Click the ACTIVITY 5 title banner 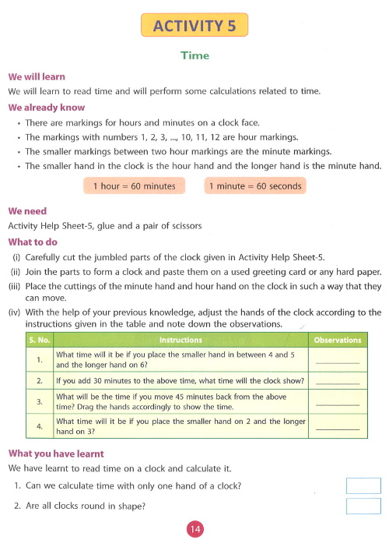coord(194,26)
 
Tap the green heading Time coord(194,55)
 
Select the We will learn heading coord(37,77)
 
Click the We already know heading coord(46,108)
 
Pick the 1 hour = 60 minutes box coord(134,186)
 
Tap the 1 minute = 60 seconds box coord(254,186)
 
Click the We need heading coord(27,211)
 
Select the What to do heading coord(33,242)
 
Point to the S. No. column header coord(39,341)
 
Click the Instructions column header coord(180,341)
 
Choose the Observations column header coord(337,341)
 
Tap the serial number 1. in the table coord(39,359)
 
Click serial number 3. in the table coord(39,402)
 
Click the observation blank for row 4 coord(338,428)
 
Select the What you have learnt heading coord(55,454)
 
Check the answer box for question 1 coord(363,486)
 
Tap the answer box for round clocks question coord(363,506)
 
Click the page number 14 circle coord(194,529)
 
